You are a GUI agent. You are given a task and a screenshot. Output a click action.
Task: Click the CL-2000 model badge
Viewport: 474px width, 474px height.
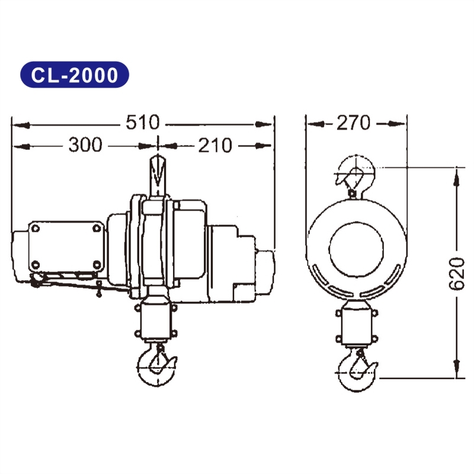[75, 75]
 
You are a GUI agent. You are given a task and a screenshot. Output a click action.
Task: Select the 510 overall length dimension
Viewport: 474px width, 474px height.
[142, 123]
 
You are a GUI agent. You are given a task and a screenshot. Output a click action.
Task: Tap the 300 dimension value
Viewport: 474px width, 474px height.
[85, 144]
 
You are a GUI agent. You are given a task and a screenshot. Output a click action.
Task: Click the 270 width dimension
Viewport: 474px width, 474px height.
[353, 123]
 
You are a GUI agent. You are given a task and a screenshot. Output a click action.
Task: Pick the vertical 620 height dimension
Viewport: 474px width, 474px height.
[457, 274]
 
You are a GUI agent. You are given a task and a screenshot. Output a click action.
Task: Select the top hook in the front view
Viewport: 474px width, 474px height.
[355, 174]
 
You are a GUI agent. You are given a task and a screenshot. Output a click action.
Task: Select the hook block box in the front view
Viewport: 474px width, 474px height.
[355, 325]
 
